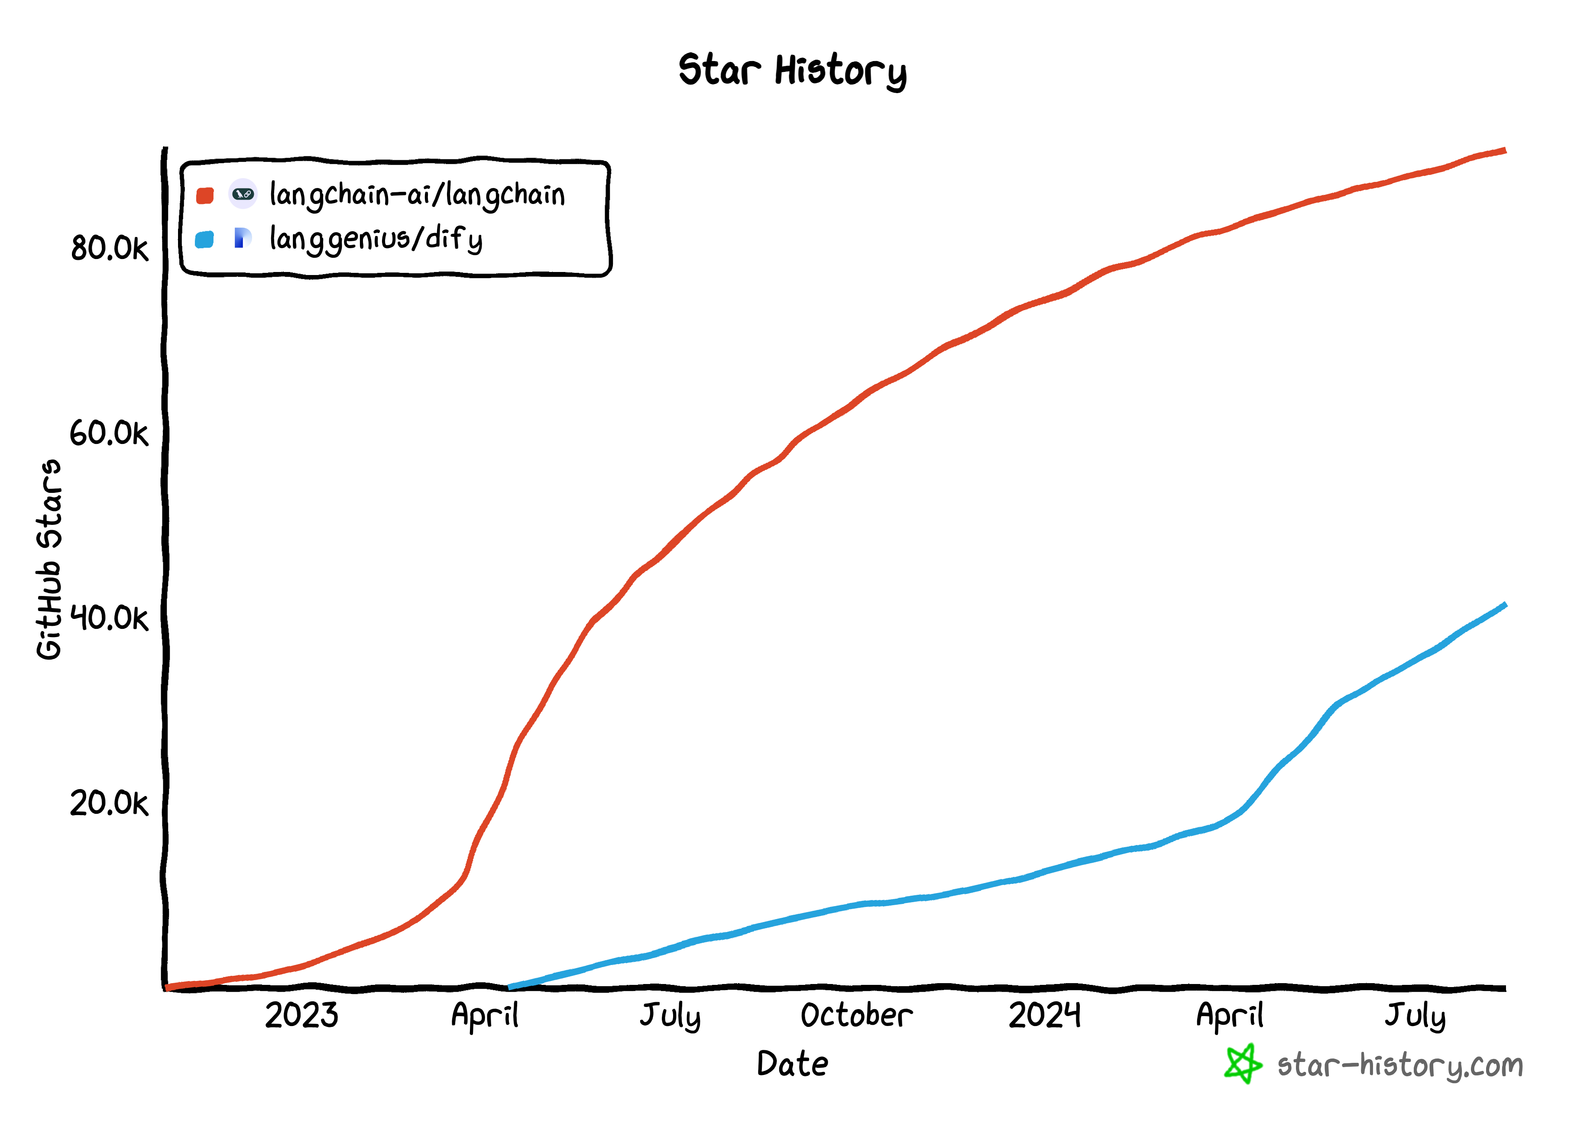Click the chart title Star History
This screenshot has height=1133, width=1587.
793,71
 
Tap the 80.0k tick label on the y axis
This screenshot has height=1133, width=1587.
110,248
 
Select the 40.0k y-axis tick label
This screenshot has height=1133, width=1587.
110,618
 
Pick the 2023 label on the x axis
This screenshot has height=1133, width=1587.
301,1015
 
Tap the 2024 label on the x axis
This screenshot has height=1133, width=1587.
1044,1015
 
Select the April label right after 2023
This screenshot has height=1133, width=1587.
485,1015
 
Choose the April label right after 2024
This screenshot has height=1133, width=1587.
1230,1015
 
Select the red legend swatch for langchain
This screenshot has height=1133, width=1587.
204,195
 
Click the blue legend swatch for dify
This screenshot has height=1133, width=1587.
204,240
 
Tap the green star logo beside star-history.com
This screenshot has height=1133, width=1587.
1242,1065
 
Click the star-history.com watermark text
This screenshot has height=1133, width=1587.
1400,1066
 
